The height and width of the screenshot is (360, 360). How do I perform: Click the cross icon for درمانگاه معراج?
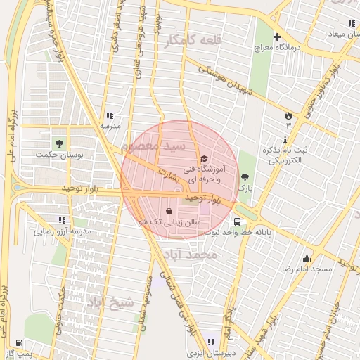(277, 37)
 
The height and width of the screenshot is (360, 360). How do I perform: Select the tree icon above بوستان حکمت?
(68, 142)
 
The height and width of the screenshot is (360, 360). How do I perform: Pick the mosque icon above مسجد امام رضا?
(307, 258)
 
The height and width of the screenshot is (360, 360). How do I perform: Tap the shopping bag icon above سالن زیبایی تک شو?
(169, 210)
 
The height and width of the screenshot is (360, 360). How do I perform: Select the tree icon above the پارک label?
(245, 177)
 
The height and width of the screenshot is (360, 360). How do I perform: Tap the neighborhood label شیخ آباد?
(109, 303)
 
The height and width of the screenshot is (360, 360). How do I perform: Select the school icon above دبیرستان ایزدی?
(212, 342)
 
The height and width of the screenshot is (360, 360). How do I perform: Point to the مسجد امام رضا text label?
(307, 269)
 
